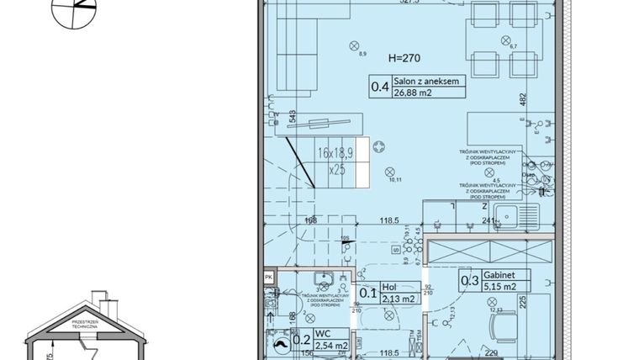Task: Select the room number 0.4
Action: [380, 86]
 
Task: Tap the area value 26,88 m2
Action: [412, 93]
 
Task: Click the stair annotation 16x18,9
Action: [336, 154]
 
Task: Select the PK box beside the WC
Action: [268, 276]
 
